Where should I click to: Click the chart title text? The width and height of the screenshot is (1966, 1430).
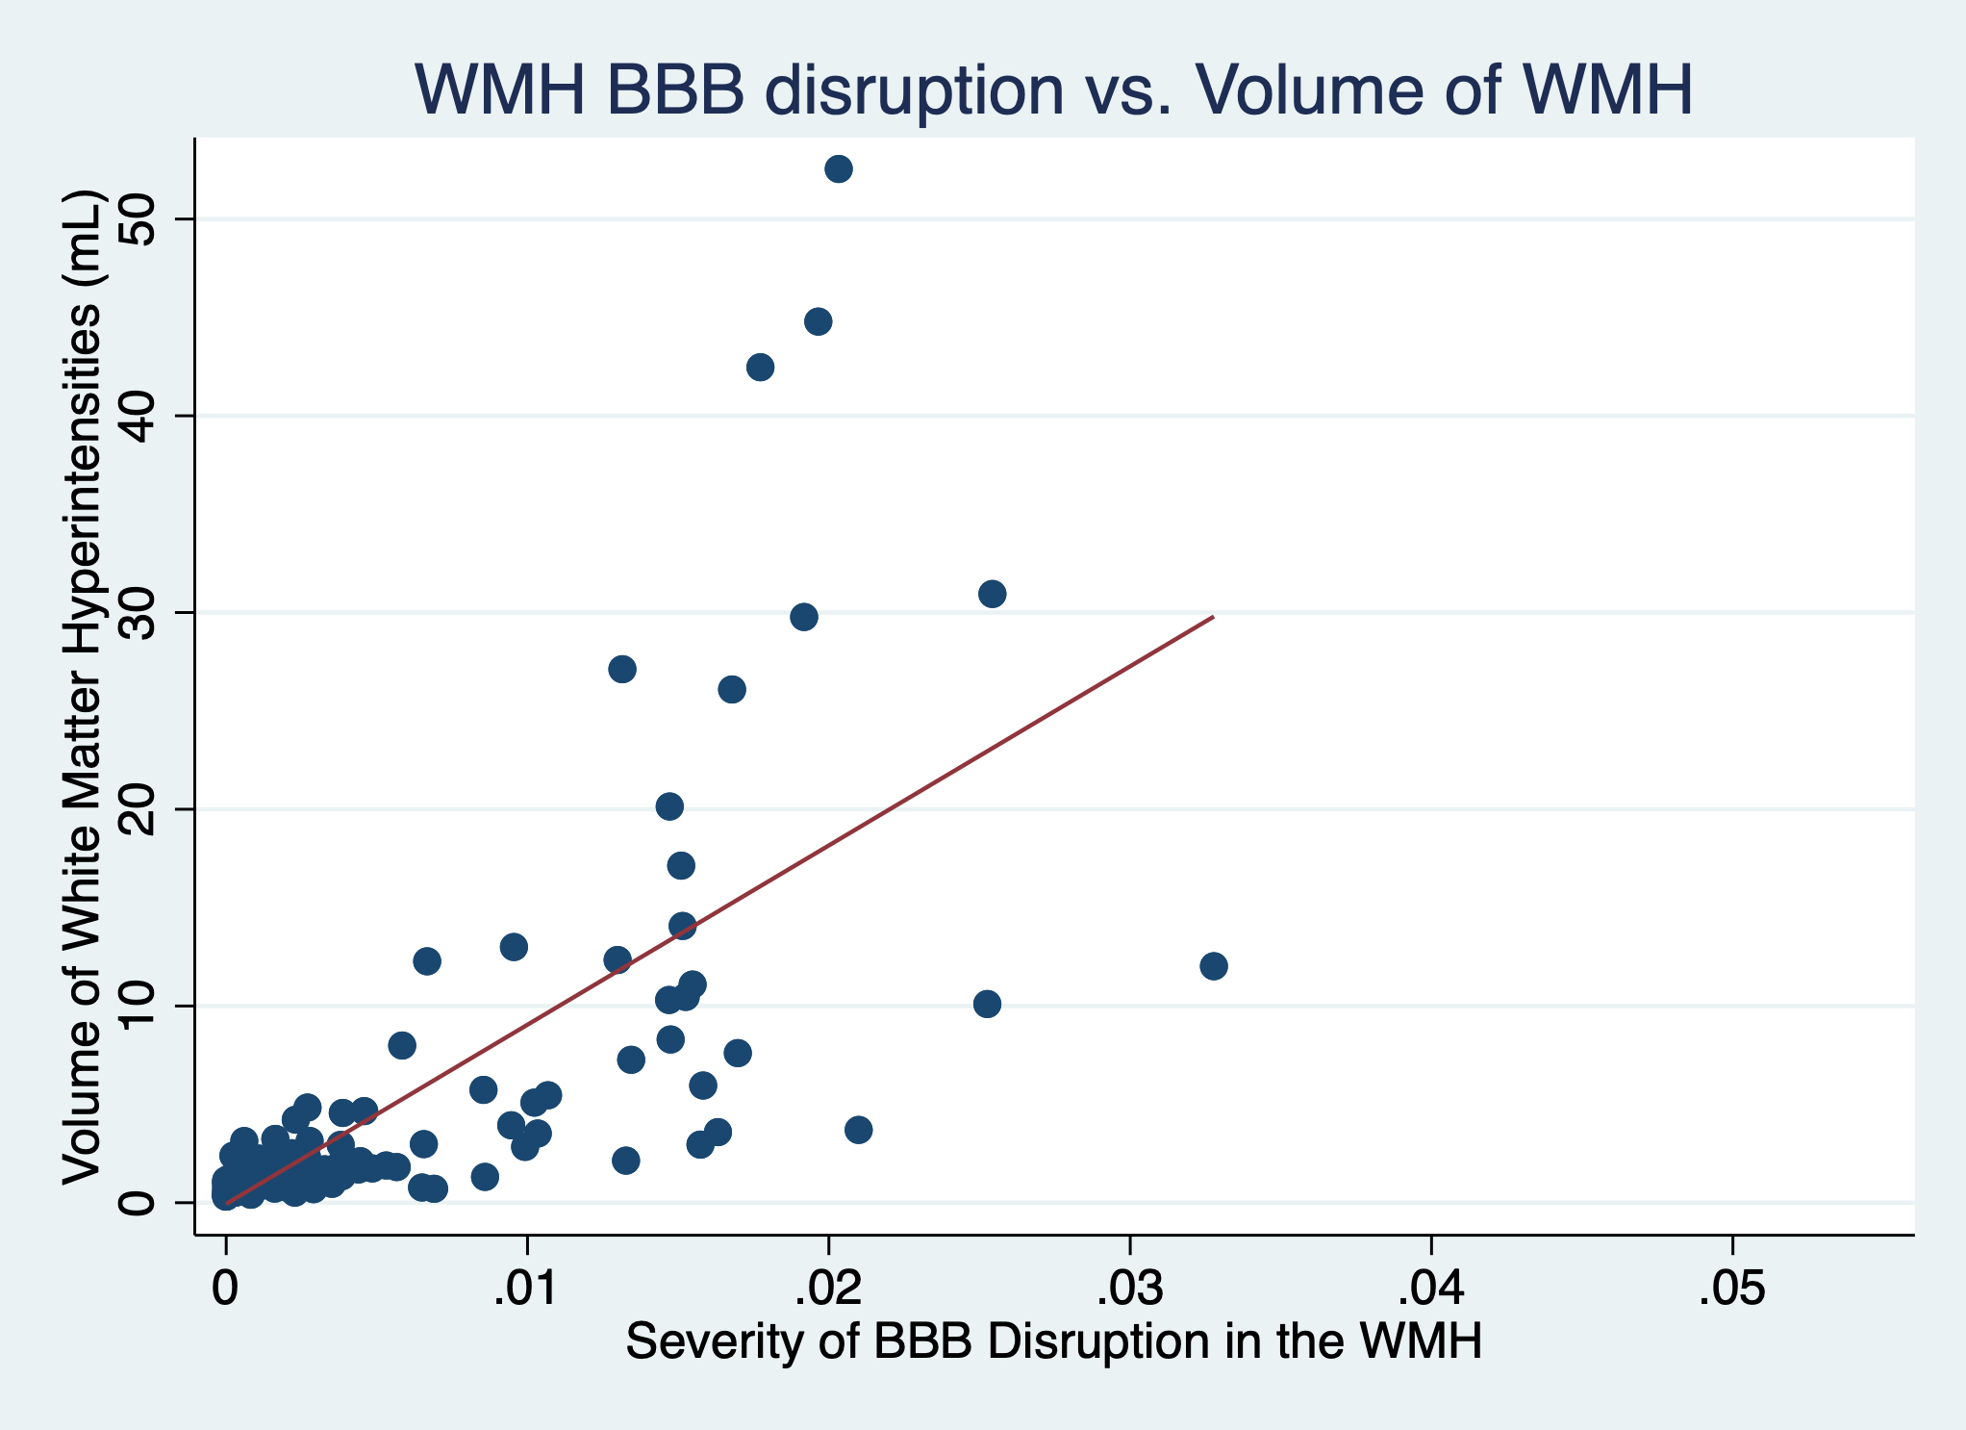click(x=1052, y=90)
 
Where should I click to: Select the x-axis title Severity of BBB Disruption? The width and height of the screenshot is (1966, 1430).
click(x=1053, y=1341)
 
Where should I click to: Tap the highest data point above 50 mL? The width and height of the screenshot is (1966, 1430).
click(x=839, y=169)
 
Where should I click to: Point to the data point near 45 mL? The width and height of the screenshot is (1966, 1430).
click(x=818, y=321)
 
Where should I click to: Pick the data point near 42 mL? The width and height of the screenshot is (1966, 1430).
click(x=760, y=367)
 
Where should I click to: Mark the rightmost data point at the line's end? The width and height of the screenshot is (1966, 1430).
click(x=1214, y=965)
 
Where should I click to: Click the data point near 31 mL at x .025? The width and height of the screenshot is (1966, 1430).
click(x=992, y=594)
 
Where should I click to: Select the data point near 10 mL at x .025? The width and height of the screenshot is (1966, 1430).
click(x=987, y=1004)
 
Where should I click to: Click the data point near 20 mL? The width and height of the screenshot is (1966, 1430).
click(x=669, y=806)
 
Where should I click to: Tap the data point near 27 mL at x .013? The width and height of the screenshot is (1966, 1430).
click(x=622, y=669)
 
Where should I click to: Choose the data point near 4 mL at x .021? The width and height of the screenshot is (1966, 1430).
click(x=858, y=1130)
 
